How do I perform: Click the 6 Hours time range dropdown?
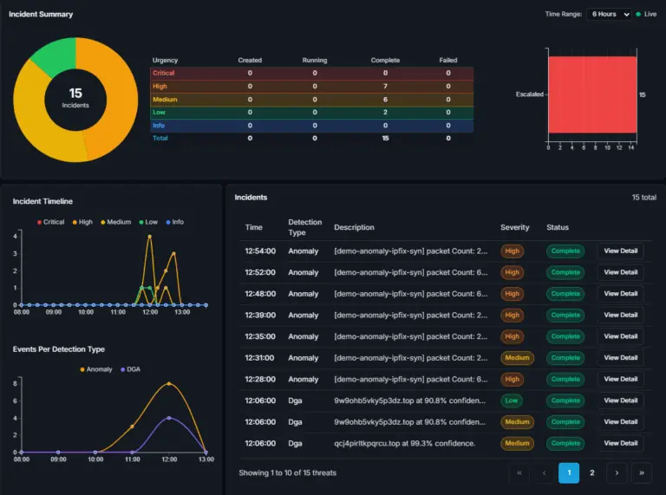(x=609, y=14)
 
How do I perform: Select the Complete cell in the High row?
(x=385, y=86)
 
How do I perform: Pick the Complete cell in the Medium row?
(x=385, y=100)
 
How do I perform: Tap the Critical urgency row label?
(x=164, y=73)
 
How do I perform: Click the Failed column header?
(x=448, y=61)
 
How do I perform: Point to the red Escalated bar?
(x=592, y=94)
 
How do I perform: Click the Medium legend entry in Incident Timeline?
(x=115, y=222)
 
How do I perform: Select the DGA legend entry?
(x=130, y=369)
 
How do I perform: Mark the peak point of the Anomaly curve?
(x=169, y=384)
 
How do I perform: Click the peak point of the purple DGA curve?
(x=169, y=418)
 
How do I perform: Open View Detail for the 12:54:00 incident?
(x=621, y=251)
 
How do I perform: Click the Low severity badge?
(x=512, y=401)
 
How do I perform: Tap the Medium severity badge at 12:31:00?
(x=517, y=358)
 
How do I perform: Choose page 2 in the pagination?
(x=591, y=473)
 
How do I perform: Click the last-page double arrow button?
(x=642, y=473)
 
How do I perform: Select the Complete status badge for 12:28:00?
(x=565, y=379)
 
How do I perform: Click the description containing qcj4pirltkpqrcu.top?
(x=404, y=443)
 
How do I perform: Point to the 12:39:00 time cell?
(x=260, y=315)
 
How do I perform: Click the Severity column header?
(x=515, y=227)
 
